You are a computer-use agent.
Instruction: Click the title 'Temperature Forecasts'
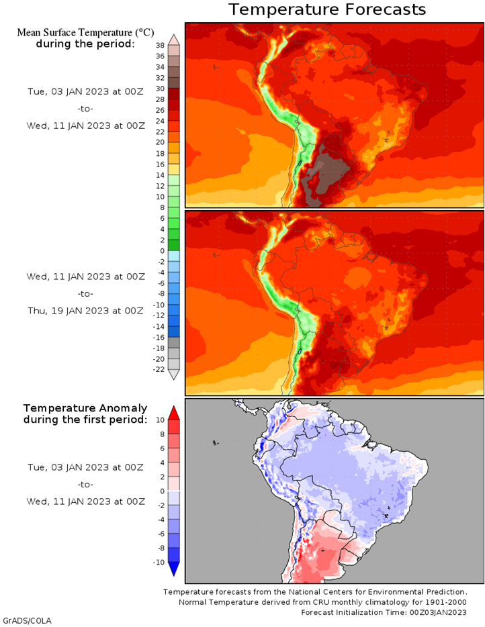pos(327,9)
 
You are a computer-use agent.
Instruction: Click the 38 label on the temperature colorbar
pos(160,46)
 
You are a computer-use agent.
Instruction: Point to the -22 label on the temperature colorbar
pos(159,369)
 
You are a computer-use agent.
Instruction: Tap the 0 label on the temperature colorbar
pos(163,251)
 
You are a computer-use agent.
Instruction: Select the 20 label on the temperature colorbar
pos(160,142)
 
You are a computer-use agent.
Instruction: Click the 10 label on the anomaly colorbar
pos(160,420)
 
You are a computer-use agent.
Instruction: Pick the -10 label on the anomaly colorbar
pos(159,563)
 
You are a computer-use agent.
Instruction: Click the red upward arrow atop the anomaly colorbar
pos(174,413)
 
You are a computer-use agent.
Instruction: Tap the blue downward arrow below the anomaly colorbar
pos(174,569)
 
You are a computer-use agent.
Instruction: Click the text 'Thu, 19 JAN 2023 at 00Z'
pos(85,311)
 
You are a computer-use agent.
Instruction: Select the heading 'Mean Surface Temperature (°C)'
pos(85,32)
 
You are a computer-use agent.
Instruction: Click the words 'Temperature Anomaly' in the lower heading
pos(85,408)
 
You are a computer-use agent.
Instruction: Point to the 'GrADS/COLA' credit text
pos(28,621)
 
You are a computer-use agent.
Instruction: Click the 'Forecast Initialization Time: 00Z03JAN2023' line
pos(384,613)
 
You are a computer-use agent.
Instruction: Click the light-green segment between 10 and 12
pos(174,191)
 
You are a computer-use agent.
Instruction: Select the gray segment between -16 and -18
pos(174,342)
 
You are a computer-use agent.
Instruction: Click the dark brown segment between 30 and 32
pos(174,83)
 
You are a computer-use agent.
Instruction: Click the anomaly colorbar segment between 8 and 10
pos(174,427)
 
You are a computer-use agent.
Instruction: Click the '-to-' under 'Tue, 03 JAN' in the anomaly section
pos(85,485)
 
